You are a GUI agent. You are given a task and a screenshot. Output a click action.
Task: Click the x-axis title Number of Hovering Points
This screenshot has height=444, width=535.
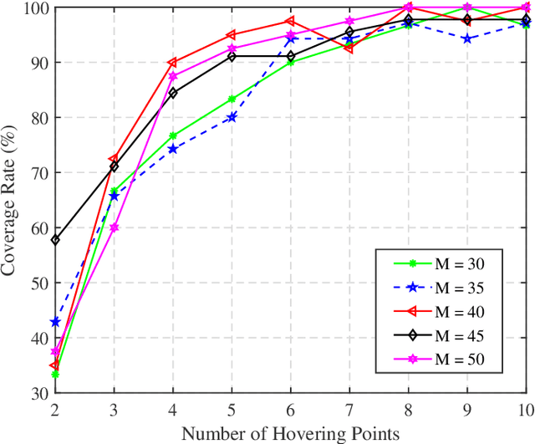[x=289, y=433]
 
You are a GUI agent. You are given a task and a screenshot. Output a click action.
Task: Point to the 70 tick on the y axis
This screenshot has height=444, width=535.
[x=38, y=172]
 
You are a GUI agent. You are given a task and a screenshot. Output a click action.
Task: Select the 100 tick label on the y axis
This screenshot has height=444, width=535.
[x=35, y=8]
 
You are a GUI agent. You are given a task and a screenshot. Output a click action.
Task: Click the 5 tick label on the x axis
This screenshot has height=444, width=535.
[x=232, y=410]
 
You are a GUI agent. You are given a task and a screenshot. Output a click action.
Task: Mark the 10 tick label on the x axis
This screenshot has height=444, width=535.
[x=526, y=410]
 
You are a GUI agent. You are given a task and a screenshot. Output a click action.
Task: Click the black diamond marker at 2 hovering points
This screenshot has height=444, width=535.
[x=55, y=240]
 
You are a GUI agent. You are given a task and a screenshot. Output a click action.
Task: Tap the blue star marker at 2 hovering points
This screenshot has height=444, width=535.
[x=55, y=322]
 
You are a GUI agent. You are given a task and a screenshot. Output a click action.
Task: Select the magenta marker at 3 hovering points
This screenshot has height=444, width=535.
[x=114, y=227]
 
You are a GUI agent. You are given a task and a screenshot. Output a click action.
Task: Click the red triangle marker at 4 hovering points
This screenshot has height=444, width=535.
[x=172, y=63]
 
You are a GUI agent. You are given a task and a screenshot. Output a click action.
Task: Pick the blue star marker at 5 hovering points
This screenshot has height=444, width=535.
[x=232, y=117]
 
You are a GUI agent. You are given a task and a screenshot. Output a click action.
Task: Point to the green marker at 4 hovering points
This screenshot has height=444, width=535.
[x=172, y=136]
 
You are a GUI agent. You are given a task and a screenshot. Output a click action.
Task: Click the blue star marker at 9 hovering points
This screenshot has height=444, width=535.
[x=467, y=38]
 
